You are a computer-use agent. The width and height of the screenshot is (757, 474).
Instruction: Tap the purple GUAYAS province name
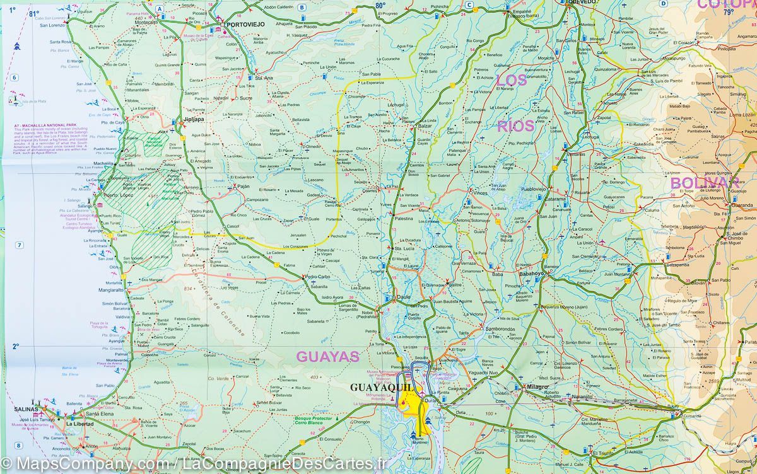(327, 357)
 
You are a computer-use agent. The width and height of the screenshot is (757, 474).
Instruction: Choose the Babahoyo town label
(531, 275)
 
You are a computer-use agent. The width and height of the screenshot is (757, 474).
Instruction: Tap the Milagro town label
(535, 386)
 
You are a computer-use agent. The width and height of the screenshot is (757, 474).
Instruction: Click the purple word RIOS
(515, 126)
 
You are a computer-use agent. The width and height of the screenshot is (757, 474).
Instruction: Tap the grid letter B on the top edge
(302, 8)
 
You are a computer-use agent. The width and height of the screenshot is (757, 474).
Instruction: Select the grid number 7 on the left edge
(20, 245)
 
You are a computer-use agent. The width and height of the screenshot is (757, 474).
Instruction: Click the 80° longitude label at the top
(380, 5)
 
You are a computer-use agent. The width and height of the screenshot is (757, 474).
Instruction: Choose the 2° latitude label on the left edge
(16, 345)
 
